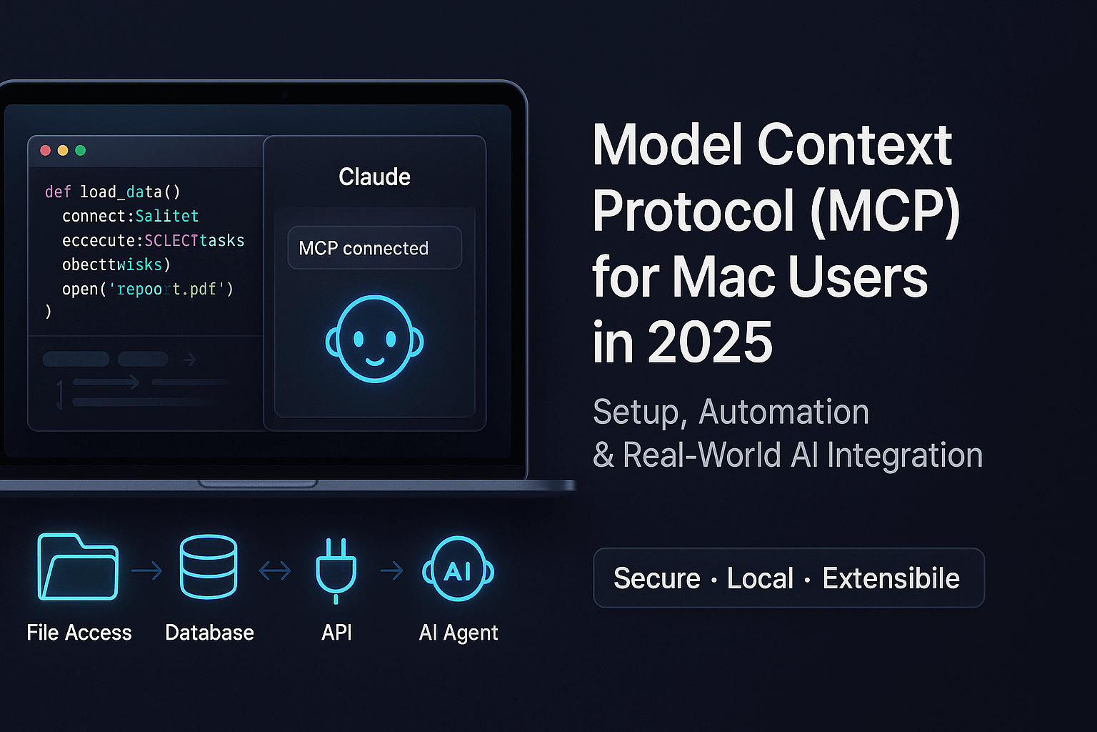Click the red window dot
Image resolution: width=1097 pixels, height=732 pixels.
46,150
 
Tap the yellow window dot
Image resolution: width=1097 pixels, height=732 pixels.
63,150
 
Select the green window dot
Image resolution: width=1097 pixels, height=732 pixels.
80,150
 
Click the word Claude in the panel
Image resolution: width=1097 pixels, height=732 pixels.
374,177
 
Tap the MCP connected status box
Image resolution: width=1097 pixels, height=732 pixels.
374,248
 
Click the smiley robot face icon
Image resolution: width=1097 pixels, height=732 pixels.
374,339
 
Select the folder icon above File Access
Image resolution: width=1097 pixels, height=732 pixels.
78,566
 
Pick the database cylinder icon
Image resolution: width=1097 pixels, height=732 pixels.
209,566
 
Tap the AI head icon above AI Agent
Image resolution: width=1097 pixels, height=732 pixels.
458,570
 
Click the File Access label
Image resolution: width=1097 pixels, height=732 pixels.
79,633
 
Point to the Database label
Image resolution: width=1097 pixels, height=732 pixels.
209,633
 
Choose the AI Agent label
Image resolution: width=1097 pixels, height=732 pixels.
459,633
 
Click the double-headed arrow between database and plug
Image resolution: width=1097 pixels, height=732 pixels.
275,570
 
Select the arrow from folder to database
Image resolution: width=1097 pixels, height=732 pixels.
147,570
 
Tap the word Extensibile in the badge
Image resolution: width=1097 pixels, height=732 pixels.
891,578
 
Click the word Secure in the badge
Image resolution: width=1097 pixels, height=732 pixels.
657,578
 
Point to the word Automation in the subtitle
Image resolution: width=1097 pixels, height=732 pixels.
783,412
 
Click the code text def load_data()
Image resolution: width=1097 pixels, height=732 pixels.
113,192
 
